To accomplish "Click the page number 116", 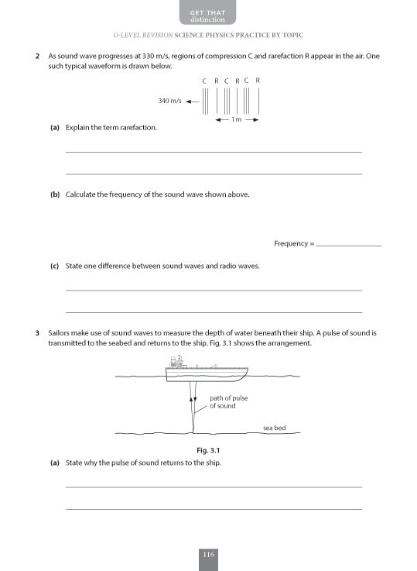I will [x=208, y=554].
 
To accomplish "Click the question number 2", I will [x=38, y=57].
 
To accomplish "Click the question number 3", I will [x=38, y=332].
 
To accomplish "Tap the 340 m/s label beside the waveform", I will [x=169, y=101].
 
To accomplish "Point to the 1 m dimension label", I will [x=237, y=120].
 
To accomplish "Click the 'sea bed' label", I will [x=274, y=428].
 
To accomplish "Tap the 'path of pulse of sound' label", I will [x=228, y=402].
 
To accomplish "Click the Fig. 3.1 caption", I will [x=209, y=450].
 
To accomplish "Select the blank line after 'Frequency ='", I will [x=349, y=245].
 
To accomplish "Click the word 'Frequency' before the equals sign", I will [x=290, y=244].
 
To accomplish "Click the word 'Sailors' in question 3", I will [x=60, y=332].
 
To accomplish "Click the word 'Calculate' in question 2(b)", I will [x=84, y=194].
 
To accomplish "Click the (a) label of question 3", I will [x=55, y=463].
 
